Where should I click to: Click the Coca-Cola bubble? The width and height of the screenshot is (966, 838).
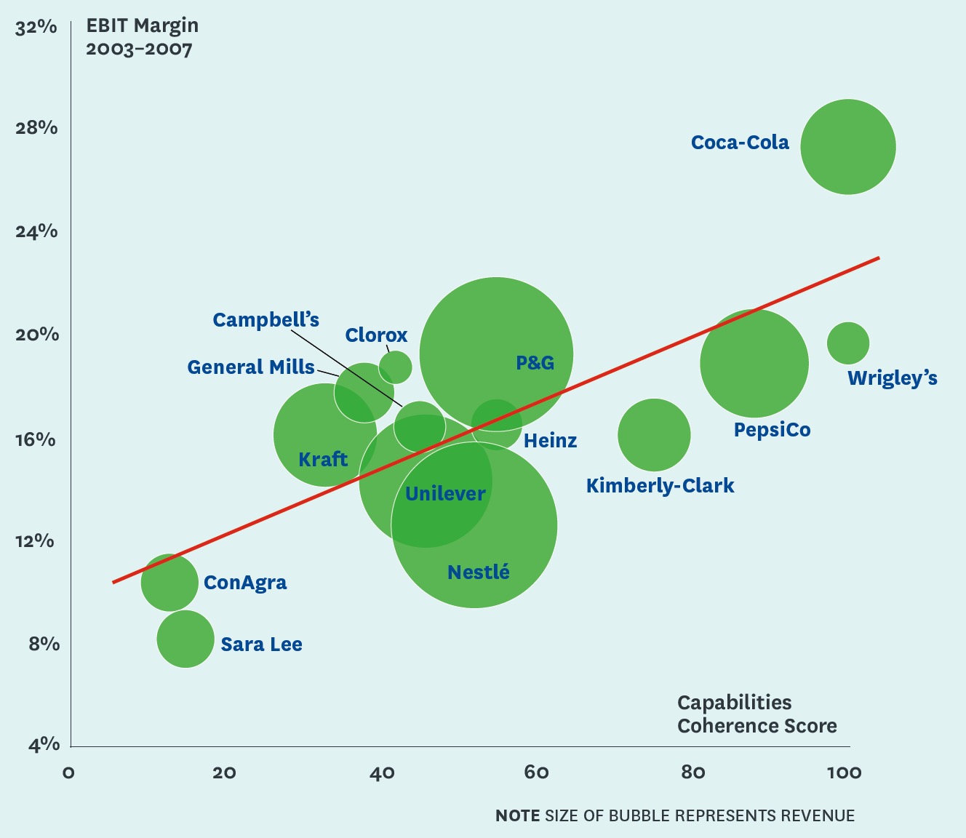click(847, 147)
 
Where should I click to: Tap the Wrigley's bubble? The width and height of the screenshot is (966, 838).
click(848, 343)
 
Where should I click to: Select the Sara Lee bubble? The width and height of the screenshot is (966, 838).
click(185, 639)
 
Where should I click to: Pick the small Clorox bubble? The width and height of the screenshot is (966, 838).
click(395, 367)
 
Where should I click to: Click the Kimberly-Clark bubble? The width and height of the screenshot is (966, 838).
click(654, 435)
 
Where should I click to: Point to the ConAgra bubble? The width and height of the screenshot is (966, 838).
click(169, 582)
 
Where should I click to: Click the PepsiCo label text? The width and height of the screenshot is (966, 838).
click(772, 430)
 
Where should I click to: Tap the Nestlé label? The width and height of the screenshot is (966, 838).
click(479, 572)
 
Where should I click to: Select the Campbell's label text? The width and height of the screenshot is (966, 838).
click(266, 320)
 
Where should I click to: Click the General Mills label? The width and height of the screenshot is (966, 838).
click(251, 367)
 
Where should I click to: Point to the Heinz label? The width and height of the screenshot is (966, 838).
click(550, 441)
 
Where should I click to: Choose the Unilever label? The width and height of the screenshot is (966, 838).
click(445, 494)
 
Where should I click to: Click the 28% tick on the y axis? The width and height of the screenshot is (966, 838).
click(36, 128)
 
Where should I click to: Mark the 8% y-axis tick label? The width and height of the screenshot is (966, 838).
click(44, 644)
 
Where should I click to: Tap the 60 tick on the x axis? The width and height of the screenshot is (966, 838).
click(536, 773)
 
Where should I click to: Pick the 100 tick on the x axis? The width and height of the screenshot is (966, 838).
click(844, 773)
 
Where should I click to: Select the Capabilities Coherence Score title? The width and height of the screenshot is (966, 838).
click(757, 714)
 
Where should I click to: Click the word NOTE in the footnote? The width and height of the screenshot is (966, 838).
click(517, 815)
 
